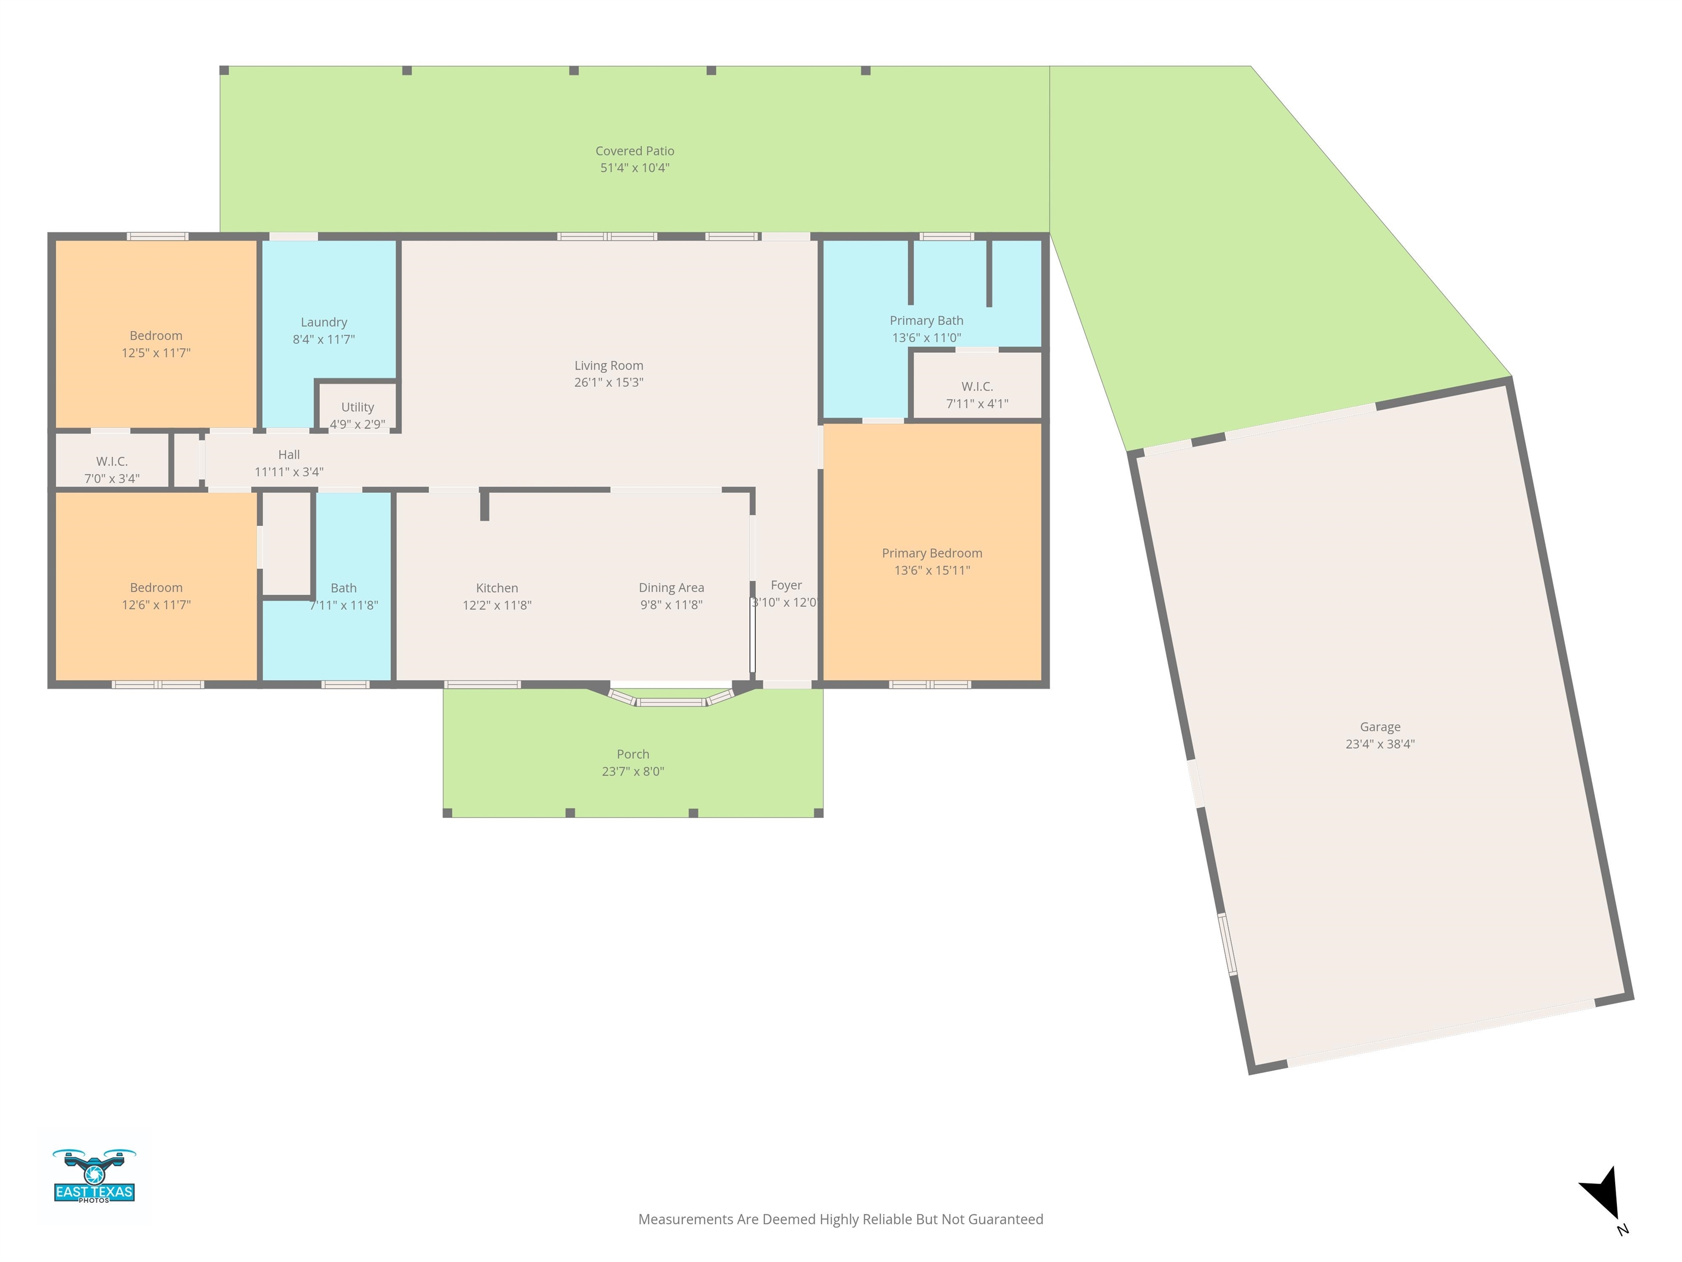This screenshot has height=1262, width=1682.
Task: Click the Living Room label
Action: tap(608, 365)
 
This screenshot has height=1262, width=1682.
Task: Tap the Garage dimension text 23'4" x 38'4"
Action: tap(1380, 744)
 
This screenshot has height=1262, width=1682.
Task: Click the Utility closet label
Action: tap(358, 407)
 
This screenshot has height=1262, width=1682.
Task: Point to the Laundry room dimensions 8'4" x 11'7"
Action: tap(324, 339)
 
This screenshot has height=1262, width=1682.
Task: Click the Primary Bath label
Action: tap(926, 320)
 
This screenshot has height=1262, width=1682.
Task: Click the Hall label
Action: tap(289, 454)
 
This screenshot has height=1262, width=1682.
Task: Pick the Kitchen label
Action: tap(497, 588)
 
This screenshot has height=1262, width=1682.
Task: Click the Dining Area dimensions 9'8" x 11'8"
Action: tap(671, 605)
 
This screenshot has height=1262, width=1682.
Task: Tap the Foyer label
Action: tap(786, 585)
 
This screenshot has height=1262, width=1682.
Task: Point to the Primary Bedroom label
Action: tap(932, 553)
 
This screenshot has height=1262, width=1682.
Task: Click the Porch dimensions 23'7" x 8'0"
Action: tap(633, 771)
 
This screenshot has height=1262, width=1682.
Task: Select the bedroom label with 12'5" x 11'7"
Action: tap(156, 335)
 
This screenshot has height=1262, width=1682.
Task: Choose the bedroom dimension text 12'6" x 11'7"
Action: tap(156, 605)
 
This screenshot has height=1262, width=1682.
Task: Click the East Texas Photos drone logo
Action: tap(94, 1176)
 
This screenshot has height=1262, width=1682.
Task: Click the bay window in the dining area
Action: tap(671, 698)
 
